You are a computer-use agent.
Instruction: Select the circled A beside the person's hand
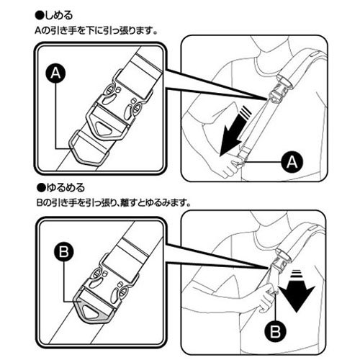pos(289,163)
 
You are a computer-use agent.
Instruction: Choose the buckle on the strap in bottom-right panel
pos(279,264)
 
